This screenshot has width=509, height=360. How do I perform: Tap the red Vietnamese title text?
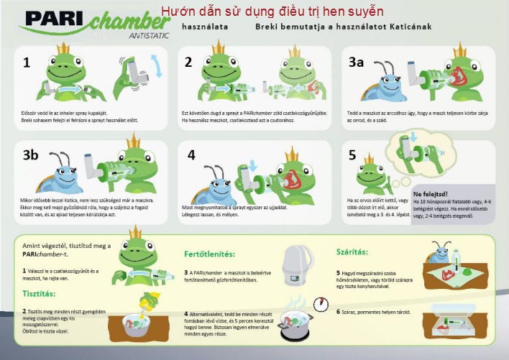(272, 11)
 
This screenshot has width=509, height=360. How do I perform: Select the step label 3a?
(357, 63)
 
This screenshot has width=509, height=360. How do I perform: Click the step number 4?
(191, 154)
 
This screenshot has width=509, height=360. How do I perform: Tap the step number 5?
(352, 154)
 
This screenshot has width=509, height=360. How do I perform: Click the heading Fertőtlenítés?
(212, 254)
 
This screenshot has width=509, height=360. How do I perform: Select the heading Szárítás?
(357, 252)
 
